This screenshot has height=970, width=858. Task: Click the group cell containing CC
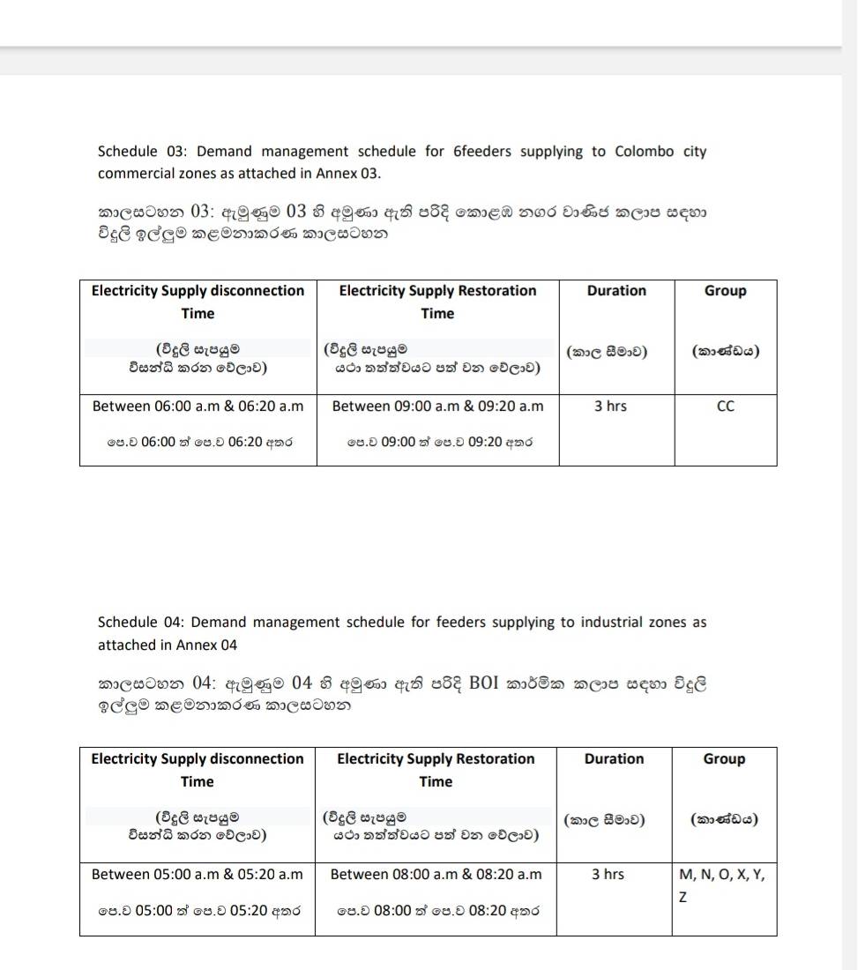point(725,407)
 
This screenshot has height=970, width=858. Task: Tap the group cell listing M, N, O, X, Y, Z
point(722,885)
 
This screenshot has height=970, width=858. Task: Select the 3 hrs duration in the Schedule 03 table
point(609,407)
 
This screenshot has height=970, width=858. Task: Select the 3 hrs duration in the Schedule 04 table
point(608,875)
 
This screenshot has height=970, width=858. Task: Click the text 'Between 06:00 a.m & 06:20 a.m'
point(198,407)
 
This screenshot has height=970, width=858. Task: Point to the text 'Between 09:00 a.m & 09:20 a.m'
point(437,407)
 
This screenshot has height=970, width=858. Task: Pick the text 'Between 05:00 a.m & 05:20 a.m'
point(197,875)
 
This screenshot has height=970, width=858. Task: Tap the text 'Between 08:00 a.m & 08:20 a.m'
point(436,875)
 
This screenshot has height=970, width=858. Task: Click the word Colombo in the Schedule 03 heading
point(643,152)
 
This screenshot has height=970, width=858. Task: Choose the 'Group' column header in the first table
point(725,291)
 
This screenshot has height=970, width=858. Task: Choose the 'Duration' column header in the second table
point(614,759)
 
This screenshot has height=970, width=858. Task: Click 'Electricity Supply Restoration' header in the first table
point(437,291)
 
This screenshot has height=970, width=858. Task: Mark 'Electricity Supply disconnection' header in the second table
point(198,759)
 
